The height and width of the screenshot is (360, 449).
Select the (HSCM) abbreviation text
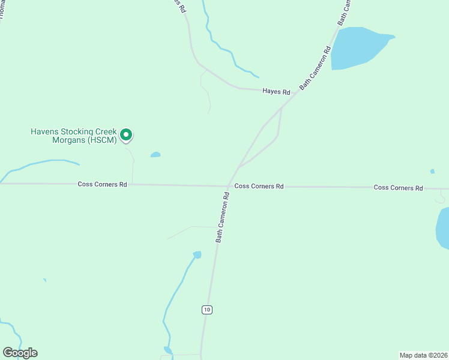(x=101, y=140)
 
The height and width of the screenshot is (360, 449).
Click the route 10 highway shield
(x=206, y=310)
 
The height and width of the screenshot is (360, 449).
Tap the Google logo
(x=20, y=353)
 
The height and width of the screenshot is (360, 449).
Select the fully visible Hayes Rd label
(x=276, y=92)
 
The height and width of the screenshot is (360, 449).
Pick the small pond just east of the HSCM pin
(x=155, y=155)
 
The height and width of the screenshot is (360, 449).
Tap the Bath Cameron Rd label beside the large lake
(x=315, y=68)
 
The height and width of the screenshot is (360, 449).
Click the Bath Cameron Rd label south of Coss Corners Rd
(x=223, y=217)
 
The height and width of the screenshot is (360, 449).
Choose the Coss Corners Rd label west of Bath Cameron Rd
(x=102, y=184)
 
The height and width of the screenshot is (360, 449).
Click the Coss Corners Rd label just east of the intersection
(x=259, y=187)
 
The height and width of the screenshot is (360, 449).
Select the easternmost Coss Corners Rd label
(x=398, y=188)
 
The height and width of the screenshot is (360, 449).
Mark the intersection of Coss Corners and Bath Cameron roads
(x=228, y=186)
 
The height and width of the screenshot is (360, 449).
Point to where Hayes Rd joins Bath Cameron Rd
(x=282, y=108)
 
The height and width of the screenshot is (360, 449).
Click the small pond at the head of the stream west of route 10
(x=196, y=255)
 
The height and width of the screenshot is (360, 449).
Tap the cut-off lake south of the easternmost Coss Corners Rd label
(x=443, y=228)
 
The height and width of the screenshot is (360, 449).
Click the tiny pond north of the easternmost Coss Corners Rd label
(x=432, y=171)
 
